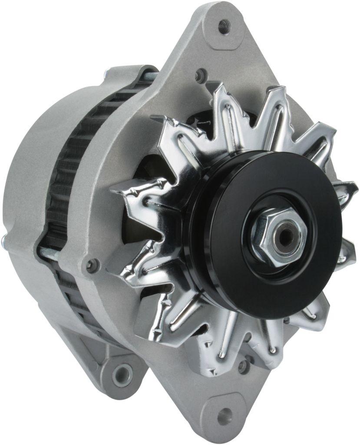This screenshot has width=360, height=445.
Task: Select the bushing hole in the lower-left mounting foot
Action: tap(122, 375)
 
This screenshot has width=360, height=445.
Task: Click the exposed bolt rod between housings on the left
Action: tap(48, 251)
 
